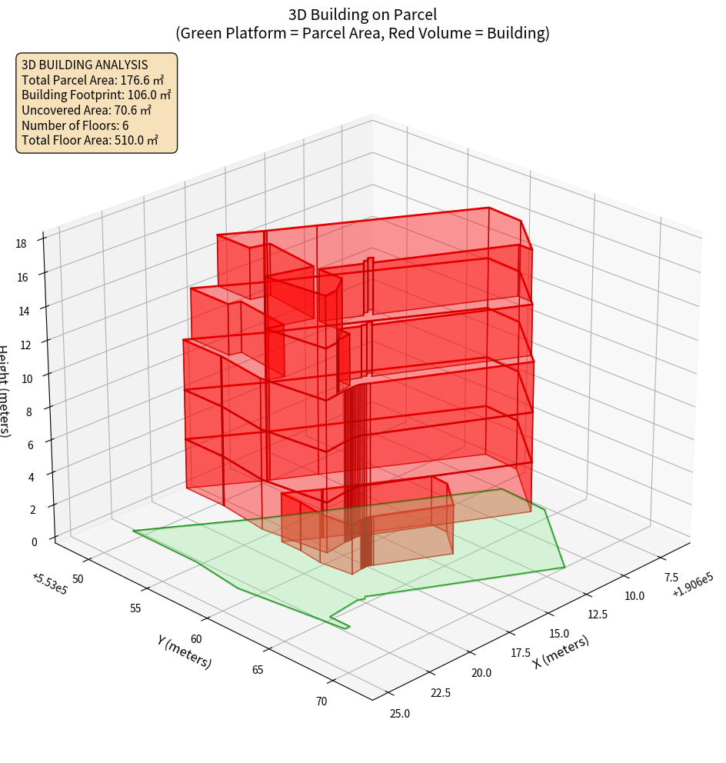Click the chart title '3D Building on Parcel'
(x=362, y=14)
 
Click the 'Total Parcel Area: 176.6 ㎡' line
(x=93, y=80)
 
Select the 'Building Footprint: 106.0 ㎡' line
(x=96, y=95)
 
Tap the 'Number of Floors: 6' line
(x=75, y=125)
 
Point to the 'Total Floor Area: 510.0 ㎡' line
(x=90, y=141)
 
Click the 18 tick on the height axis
(x=21, y=244)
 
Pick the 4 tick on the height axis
(x=31, y=477)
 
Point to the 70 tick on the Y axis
(x=321, y=701)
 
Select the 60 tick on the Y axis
(x=196, y=639)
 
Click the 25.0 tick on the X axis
(x=399, y=714)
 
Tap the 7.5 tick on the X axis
(x=671, y=578)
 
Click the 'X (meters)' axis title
(x=561, y=652)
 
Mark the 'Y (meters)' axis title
(x=184, y=651)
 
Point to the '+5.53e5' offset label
(x=48, y=583)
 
